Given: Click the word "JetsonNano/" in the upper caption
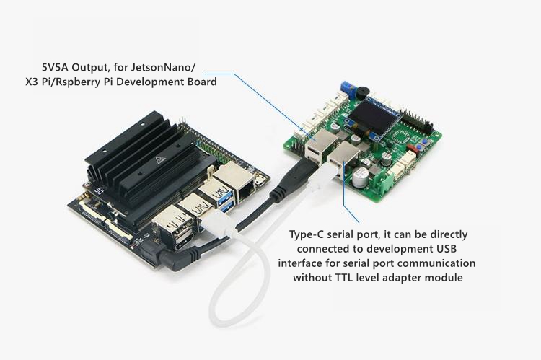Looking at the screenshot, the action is pos(163,67).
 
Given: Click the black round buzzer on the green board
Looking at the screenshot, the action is pos(363,92).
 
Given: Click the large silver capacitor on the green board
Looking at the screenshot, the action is pos(360,176).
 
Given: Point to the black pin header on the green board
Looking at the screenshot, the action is pos(416,123).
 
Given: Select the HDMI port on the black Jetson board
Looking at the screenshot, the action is pos(182,242).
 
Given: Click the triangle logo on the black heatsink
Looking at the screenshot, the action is pos(160,160).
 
